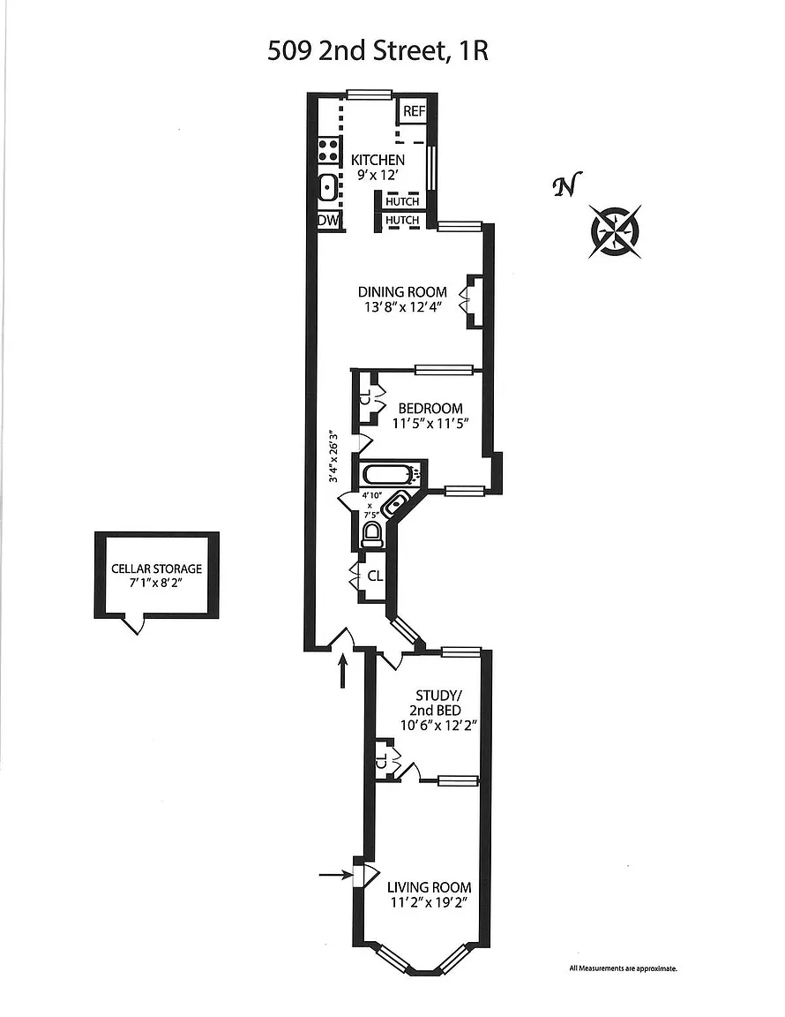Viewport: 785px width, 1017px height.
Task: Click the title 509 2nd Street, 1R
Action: point(378,51)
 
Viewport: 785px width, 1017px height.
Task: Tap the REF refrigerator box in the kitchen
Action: point(414,111)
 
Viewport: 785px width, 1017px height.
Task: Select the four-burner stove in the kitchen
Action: point(328,150)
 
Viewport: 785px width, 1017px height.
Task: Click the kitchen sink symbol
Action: point(326,188)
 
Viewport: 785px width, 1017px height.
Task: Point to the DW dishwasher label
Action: point(327,220)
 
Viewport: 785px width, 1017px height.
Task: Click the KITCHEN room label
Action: point(378,160)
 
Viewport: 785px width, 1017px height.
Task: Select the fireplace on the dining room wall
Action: point(473,301)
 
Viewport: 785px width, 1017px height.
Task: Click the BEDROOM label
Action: point(430,408)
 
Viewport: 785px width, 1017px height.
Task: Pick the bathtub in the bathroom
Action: point(390,474)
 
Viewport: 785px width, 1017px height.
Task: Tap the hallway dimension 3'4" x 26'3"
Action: point(333,456)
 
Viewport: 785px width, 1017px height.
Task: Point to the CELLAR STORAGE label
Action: point(156,569)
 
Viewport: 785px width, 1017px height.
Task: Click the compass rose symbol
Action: point(615,230)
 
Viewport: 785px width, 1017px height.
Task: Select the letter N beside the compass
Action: point(564,185)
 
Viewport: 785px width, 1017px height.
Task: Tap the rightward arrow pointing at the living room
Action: point(334,875)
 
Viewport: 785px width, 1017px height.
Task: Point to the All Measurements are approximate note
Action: point(623,968)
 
